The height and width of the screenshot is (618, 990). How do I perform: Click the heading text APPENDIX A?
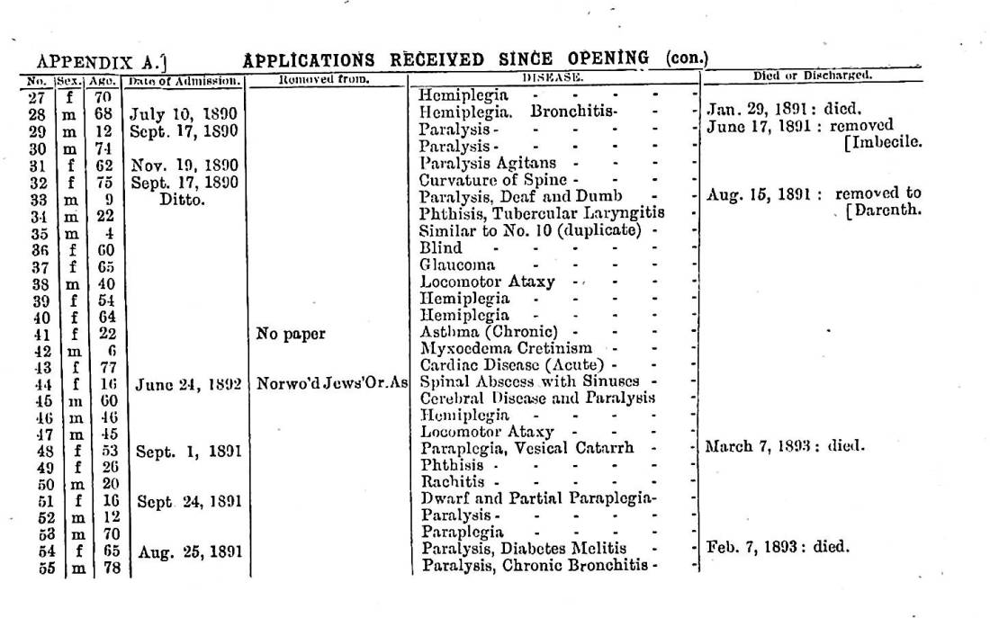pyautogui.click(x=100, y=62)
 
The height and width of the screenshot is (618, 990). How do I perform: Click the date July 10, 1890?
pyautogui.click(x=184, y=114)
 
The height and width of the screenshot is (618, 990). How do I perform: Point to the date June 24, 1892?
pyautogui.click(x=188, y=384)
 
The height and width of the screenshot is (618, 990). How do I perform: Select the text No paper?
pyautogui.click(x=290, y=334)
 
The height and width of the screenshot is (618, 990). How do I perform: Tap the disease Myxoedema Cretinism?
pyautogui.click(x=506, y=349)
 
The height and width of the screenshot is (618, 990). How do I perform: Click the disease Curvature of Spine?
pyautogui.click(x=493, y=180)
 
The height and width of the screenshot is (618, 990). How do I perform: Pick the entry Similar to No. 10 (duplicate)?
pyautogui.click(x=531, y=231)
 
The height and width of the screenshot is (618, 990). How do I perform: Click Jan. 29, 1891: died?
pyautogui.click(x=772, y=110)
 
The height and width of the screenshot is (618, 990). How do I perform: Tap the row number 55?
pyautogui.click(x=48, y=568)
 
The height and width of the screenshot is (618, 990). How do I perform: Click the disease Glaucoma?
pyautogui.click(x=457, y=264)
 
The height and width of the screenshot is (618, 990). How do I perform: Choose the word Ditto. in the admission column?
pyautogui.click(x=183, y=199)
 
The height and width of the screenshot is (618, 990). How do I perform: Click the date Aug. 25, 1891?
pyautogui.click(x=190, y=549)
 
